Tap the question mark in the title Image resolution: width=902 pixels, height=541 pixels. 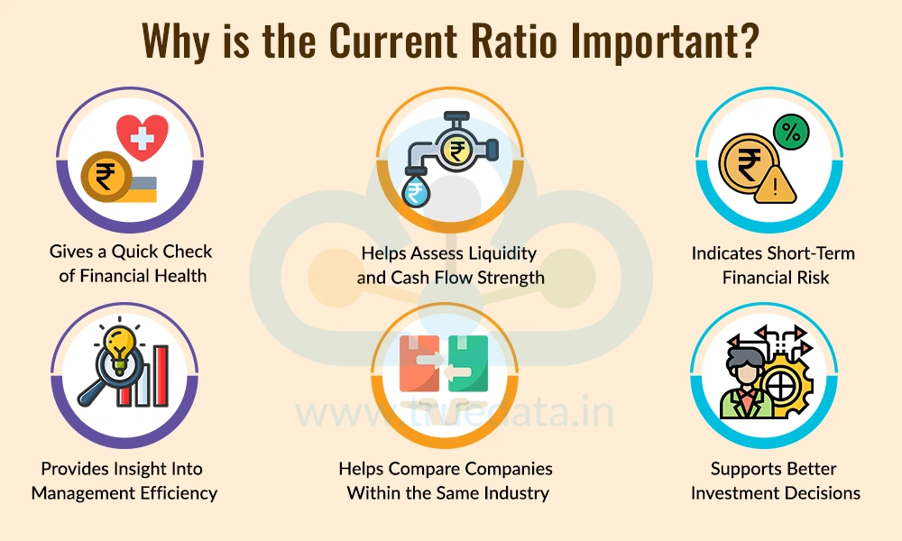tap(747, 41)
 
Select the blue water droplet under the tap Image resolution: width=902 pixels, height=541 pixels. tap(416, 192)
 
